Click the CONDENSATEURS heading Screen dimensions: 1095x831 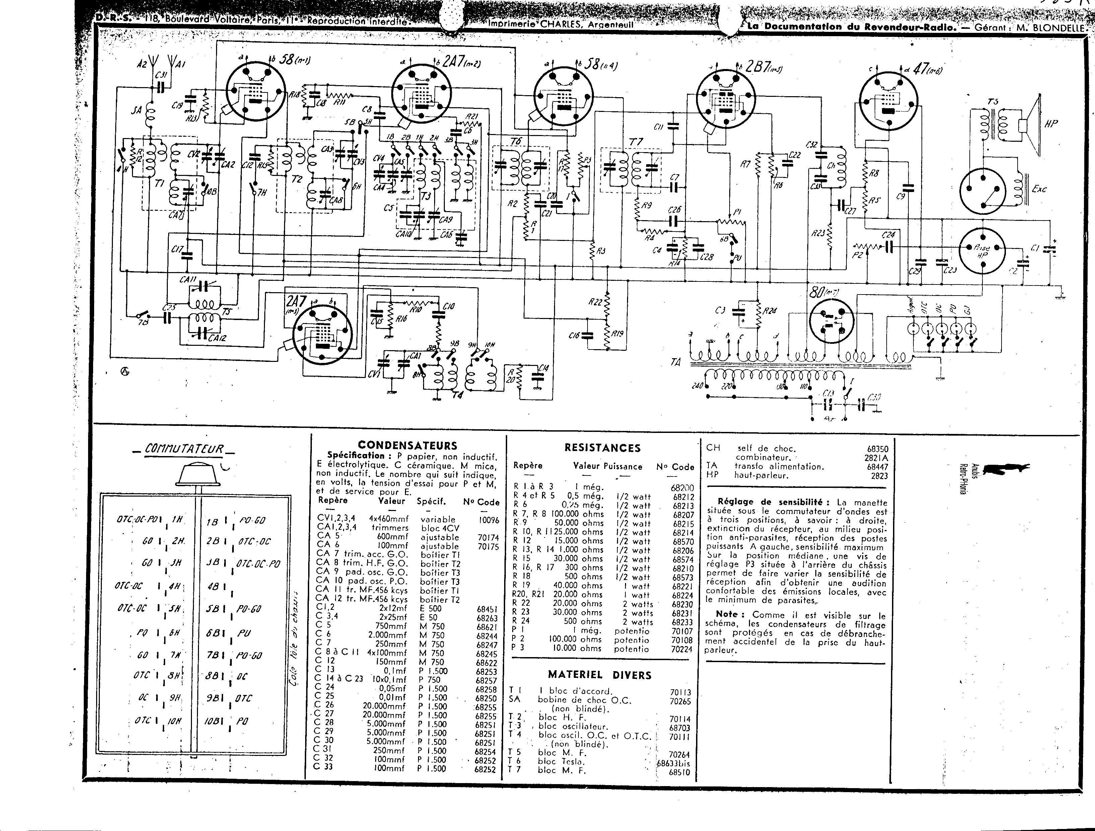pos(407,445)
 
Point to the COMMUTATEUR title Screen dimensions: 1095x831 pos(185,450)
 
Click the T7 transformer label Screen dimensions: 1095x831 pos(636,142)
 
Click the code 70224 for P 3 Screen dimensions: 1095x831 pos(682,649)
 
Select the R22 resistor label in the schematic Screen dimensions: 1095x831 pos(596,302)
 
